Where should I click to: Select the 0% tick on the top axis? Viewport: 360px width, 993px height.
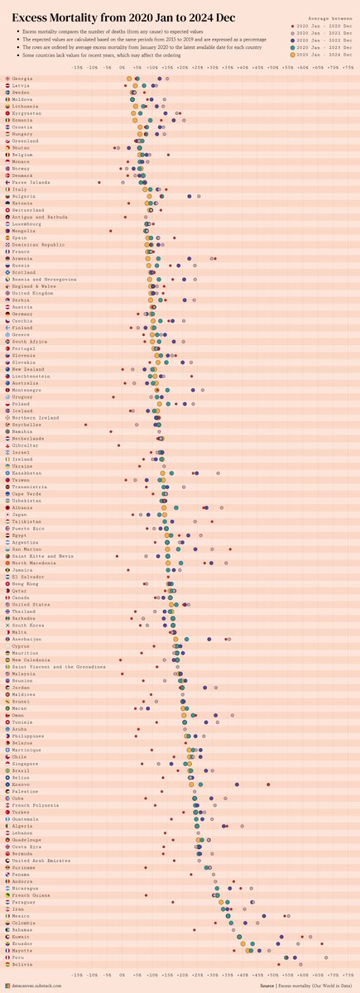click(122, 68)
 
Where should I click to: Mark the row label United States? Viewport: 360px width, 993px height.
click(31, 604)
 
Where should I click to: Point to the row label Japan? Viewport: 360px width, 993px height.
click(20, 515)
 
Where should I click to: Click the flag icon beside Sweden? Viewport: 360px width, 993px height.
click(7, 92)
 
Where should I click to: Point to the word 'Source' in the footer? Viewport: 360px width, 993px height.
click(266, 986)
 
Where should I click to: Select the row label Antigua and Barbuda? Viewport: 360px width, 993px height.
click(40, 217)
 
